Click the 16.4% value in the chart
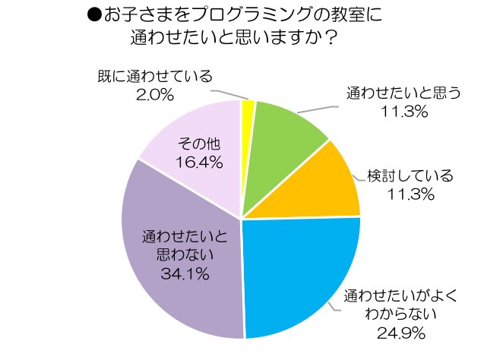[200, 162]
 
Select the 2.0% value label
[156, 94]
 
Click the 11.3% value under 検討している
[410, 194]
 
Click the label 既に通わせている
[155, 76]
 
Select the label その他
[199, 143]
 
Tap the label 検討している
[410, 176]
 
